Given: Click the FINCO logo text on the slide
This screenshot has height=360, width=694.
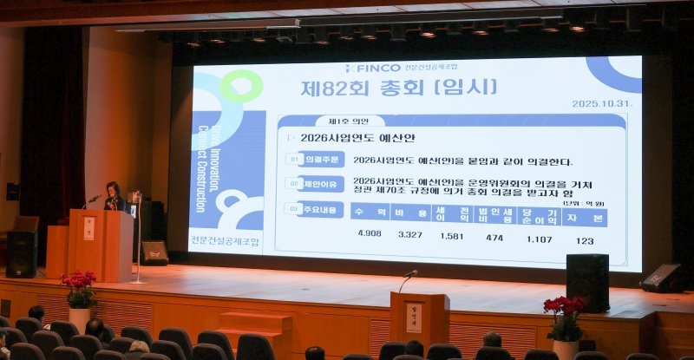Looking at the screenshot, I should pos(375,68).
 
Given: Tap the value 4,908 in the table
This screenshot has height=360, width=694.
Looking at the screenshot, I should pos(370,233).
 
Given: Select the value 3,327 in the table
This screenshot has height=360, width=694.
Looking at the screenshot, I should pos(410,234).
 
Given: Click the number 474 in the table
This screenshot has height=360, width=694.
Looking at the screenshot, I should pos(494,237).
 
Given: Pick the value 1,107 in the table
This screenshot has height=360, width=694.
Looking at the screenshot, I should pos(539,239).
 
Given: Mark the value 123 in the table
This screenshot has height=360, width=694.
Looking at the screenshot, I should pos(585,240).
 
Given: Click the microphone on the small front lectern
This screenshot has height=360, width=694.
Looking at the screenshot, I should pos(409,275).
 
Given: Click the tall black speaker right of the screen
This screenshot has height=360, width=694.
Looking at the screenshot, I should pos(587,282).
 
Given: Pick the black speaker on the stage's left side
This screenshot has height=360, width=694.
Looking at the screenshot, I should pos(22,253).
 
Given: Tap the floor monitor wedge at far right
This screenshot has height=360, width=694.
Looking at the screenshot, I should pos(662,278).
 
